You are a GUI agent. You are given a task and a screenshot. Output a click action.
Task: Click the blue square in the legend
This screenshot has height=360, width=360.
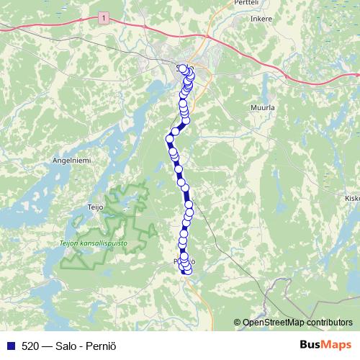(9, 344)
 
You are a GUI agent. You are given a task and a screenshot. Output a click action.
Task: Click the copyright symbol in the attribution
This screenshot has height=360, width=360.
(238, 323)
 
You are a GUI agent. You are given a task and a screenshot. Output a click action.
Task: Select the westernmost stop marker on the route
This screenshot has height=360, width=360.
(171, 138)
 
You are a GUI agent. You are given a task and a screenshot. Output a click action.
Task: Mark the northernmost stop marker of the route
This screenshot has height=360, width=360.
(183, 68)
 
